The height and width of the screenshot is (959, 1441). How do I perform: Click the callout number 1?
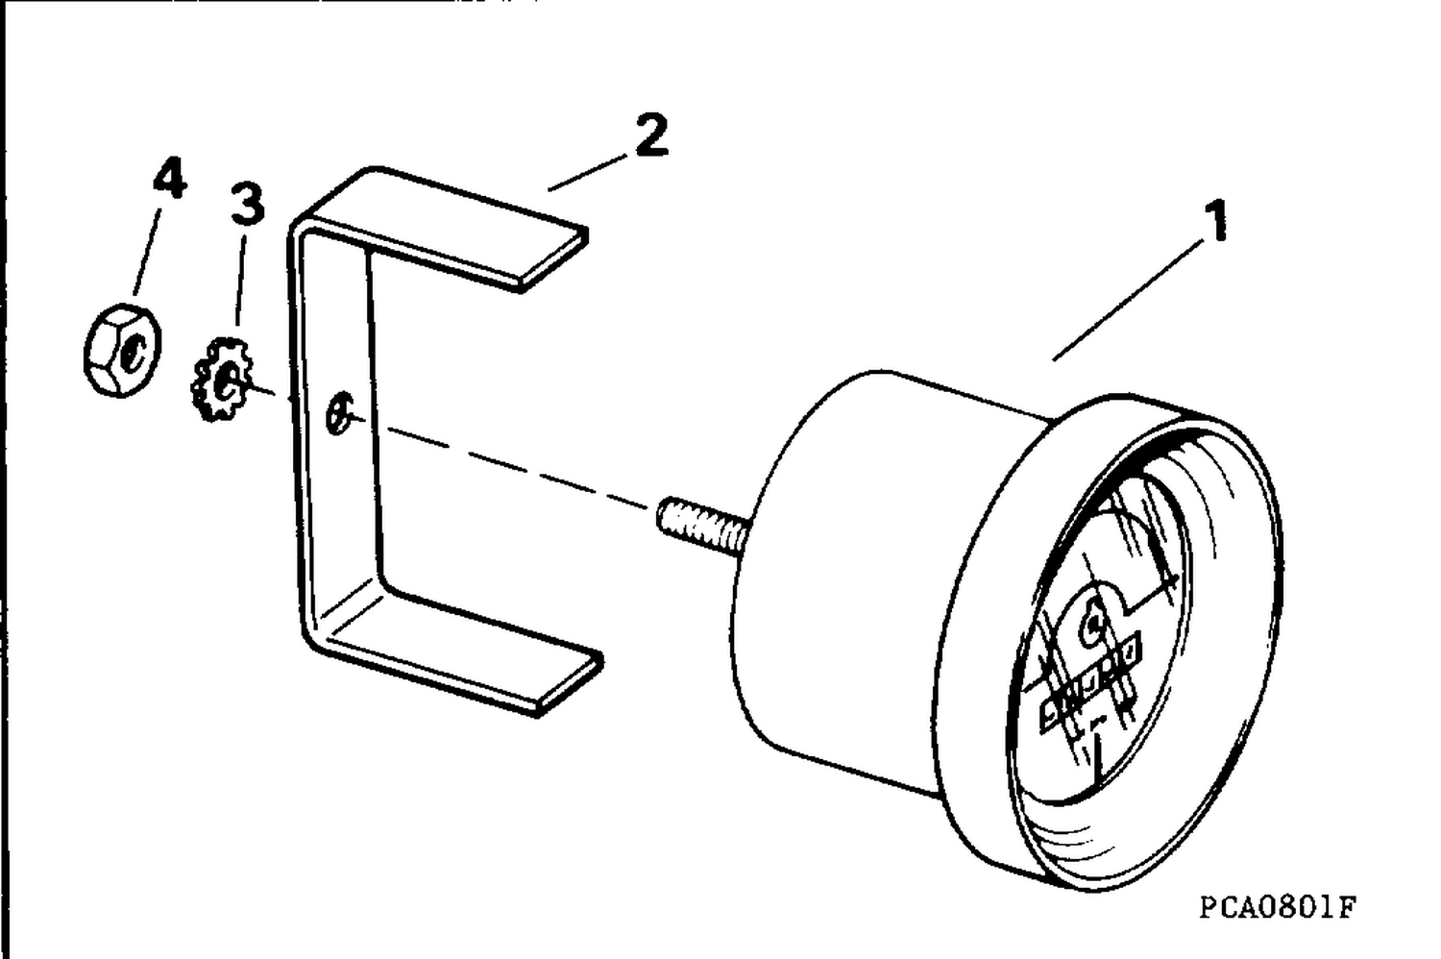click(1215, 221)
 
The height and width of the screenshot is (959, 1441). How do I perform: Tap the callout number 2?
click(651, 135)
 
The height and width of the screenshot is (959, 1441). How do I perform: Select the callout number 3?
click(248, 204)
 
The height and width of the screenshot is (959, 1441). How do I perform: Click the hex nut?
click(122, 350)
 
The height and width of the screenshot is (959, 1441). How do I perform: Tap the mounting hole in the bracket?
click(339, 412)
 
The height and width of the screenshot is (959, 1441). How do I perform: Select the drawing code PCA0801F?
click(1278, 907)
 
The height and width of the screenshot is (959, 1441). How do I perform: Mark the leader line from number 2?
click(587, 173)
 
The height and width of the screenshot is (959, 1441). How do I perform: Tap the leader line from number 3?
click(240, 280)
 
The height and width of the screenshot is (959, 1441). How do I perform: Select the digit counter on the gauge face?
click(1089, 683)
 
